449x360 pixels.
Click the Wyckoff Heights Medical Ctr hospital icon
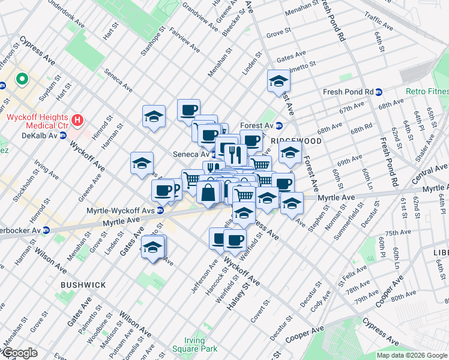pos(77,120)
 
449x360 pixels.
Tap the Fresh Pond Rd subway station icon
pos(379,92)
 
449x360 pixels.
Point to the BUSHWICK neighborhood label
pos(83,285)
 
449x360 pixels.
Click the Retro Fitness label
pos(427,92)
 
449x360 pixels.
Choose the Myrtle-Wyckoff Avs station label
pos(118,210)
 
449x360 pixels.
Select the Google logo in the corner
pos(19,353)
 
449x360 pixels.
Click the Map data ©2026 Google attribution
pos(412,355)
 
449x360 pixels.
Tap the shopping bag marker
pos(208,193)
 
